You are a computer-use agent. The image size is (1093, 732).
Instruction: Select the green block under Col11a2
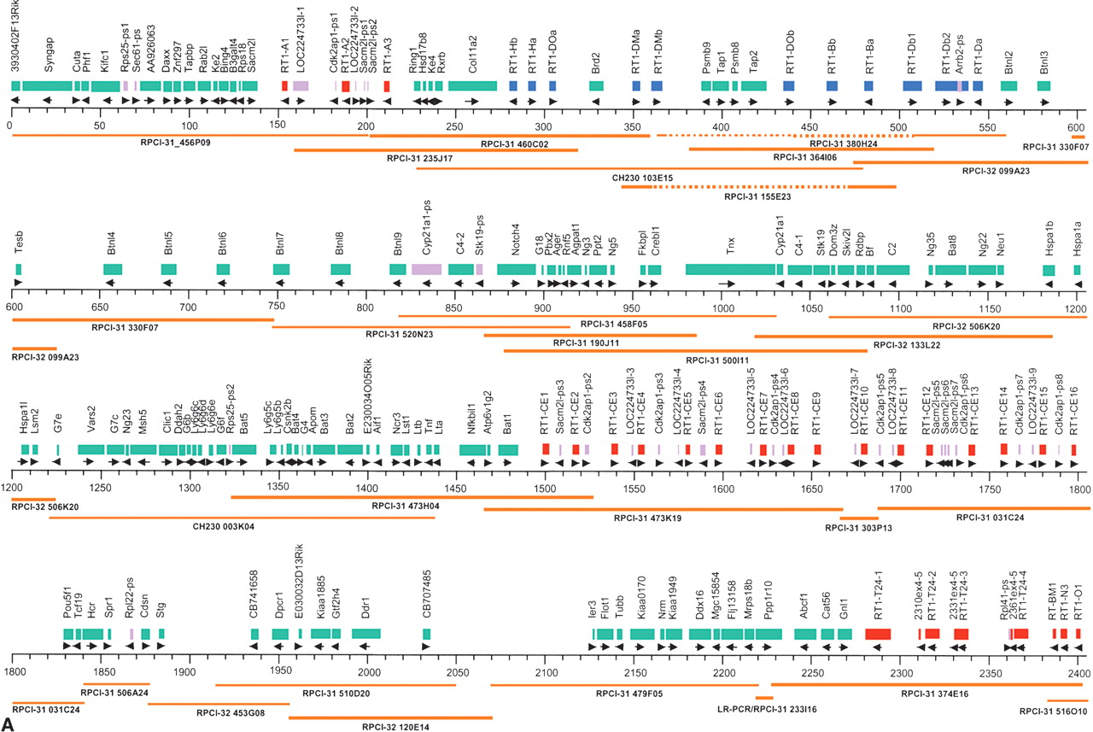[472, 86]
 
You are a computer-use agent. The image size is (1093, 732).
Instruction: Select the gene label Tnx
[730, 253]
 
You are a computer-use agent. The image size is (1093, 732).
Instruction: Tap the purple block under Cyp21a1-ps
[426, 269]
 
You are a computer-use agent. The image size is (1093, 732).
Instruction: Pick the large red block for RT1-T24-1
[878, 634]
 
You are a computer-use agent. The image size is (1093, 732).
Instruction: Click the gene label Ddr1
[366, 612]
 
